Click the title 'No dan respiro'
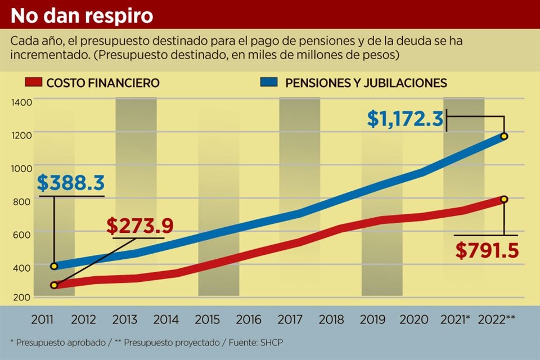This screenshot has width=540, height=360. click(82, 15)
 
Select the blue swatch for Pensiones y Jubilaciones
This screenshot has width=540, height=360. click(269, 83)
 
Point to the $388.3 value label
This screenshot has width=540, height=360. click(72, 183)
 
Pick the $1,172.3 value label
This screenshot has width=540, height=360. click(406, 119)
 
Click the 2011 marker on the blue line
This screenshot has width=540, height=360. click(54, 266)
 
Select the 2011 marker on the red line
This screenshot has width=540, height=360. click(54, 285)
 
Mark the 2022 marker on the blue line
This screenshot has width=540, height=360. click(505, 136)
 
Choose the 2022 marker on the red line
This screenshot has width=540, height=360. click(505, 199)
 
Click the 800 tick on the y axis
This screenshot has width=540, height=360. click(21, 200)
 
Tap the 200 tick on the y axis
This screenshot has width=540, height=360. click(21, 297)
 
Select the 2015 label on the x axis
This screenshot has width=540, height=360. click(207, 320)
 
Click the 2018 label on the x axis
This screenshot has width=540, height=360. click(331, 320)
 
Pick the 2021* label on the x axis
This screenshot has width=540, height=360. click(456, 320)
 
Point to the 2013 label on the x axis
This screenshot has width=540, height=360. click(125, 320)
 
